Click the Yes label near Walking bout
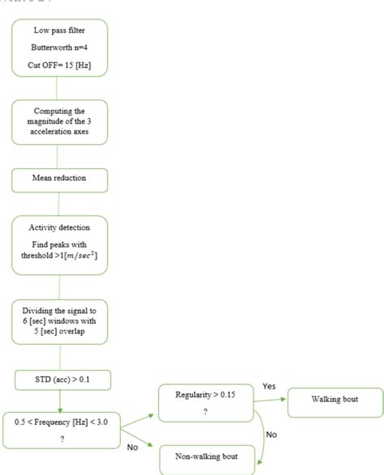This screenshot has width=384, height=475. [x=268, y=387]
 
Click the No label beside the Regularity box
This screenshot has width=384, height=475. [x=271, y=435]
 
